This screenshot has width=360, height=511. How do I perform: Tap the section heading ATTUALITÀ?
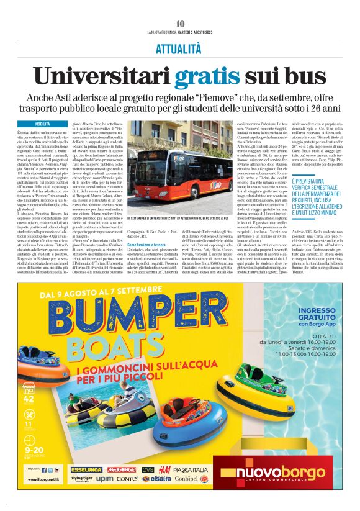179,47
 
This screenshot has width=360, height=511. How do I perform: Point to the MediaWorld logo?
120,470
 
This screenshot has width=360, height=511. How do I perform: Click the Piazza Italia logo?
191,470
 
